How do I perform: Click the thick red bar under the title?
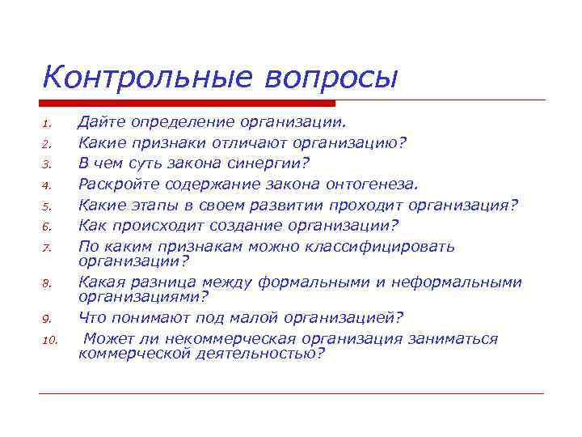point(187,103)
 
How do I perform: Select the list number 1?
point(48,125)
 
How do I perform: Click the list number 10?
point(50,340)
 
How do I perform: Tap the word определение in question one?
point(180,122)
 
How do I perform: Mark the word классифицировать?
point(388,246)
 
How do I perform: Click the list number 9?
point(48,319)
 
